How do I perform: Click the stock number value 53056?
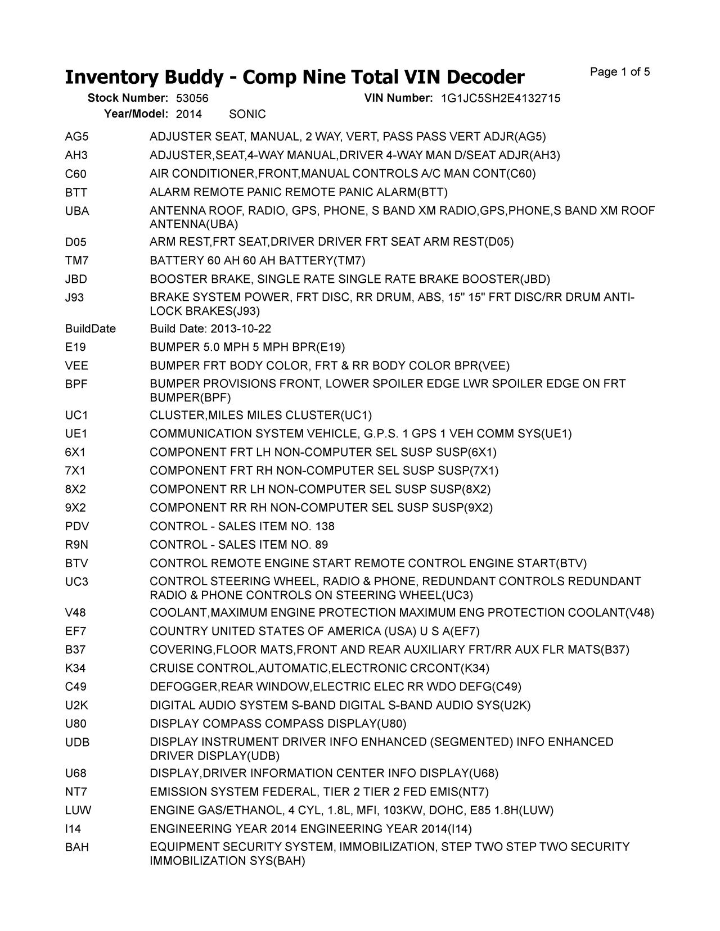192,98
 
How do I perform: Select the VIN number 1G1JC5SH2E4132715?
500,98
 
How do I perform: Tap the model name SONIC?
247,115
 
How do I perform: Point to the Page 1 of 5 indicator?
620,72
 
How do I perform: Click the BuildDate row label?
91,329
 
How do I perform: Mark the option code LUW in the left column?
78,810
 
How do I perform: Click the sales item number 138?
325,526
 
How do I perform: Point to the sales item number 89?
322,545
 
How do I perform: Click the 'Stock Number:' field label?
128,98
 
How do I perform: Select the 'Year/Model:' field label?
136,115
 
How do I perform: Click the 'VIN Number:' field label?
398,98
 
